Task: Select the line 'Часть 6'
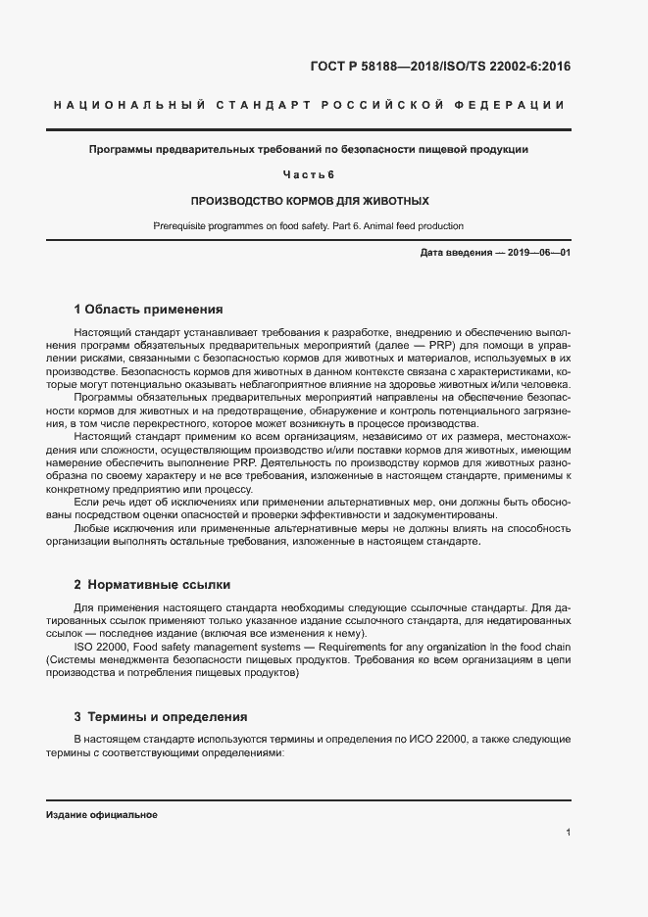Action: pos(309,174)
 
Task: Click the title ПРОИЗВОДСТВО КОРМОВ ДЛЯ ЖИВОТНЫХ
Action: pos(309,200)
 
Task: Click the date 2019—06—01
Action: pos(538,253)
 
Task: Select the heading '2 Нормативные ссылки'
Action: pos(152,585)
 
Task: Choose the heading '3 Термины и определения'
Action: pos(161,716)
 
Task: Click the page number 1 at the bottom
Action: pos(569,833)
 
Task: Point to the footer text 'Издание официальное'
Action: pos(101,815)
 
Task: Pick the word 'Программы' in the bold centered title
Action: pos(122,150)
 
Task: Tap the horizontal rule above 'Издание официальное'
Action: pos(309,800)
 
